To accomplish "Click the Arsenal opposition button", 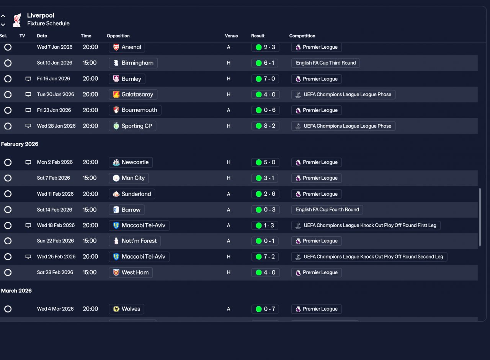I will (x=127, y=47).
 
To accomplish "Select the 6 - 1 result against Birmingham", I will (x=265, y=63).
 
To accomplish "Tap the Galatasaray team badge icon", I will (x=116, y=95).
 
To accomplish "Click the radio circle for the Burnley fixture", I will (x=8, y=79).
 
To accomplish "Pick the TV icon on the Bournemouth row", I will (x=28, y=110).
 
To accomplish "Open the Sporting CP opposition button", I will (x=132, y=126).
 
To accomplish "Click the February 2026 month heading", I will (x=20, y=144).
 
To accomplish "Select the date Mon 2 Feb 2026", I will (x=55, y=162).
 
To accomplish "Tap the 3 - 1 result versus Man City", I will (x=265, y=178).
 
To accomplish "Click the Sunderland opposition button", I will (x=132, y=194).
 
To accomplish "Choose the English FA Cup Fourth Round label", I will (x=327, y=209).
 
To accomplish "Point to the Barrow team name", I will (x=131, y=210).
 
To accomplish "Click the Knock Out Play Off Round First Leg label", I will (x=366, y=225).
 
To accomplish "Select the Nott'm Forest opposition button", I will (x=135, y=241).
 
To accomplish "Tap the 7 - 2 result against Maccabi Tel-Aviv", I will (x=265, y=257).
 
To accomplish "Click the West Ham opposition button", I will (x=131, y=272).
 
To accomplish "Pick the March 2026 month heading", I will (x=16, y=291).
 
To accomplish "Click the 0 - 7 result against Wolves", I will (x=265, y=309).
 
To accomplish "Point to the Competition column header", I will (x=302, y=36).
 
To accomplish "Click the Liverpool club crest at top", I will (x=17, y=20).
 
